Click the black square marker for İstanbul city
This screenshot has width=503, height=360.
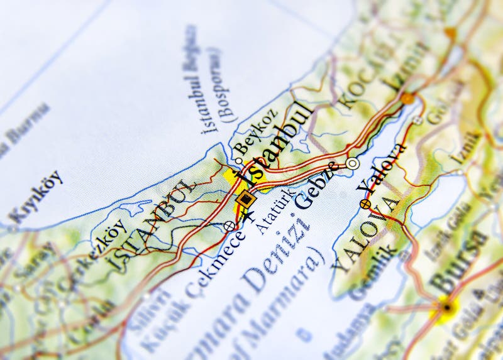click(x=246, y=200)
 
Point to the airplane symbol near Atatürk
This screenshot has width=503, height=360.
click(x=249, y=216)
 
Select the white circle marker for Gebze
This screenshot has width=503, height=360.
click(x=353, y=163)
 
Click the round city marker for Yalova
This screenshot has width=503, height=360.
click(x=365, y=203)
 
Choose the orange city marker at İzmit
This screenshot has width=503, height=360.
click(x=408, y=99)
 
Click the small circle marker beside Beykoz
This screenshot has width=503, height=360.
click(x=239, y=160)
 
